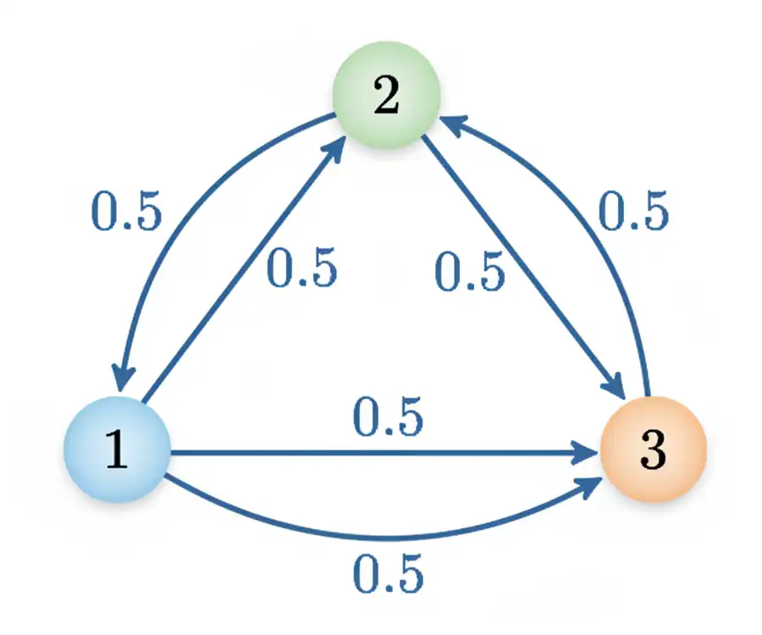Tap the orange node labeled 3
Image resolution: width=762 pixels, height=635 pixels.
coord(653,450)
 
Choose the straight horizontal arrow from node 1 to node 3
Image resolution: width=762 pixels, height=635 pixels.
coord(381,453)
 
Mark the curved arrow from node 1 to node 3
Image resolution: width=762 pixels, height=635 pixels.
coord(381,535)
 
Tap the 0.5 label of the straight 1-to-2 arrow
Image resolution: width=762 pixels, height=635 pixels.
coord(302,268)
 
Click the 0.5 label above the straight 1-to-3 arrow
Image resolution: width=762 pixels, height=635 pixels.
coord(387,418)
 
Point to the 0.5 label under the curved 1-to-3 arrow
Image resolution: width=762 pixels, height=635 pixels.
coord(387,575)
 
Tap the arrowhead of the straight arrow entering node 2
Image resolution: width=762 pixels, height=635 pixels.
coord(336,146)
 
